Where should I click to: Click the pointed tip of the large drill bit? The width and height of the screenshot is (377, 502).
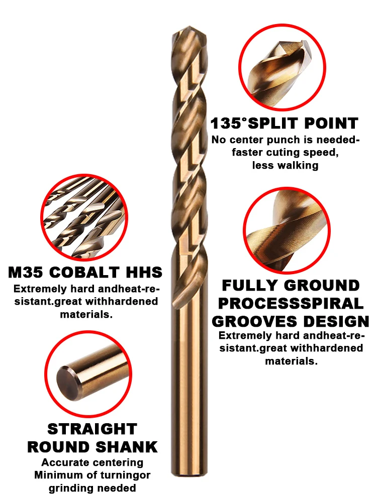coord(190,27)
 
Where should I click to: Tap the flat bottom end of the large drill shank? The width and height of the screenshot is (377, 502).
coord(189,475)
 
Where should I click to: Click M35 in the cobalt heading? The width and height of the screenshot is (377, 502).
coord(26,272)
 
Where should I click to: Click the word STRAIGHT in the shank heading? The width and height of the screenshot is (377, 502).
coord(92,429)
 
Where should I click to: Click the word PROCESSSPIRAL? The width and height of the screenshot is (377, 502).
coord(291,304)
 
